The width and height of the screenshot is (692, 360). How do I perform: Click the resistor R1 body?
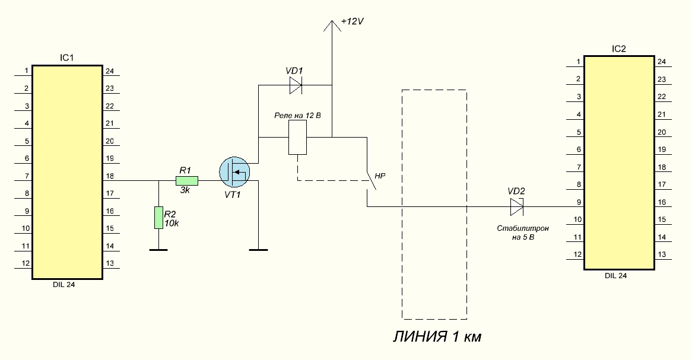coord(187,180)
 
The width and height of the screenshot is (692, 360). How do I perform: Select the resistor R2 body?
coord(158,218)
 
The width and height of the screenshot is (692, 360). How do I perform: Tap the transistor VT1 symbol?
coord(234,171)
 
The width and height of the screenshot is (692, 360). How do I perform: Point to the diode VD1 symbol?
coord(296,85)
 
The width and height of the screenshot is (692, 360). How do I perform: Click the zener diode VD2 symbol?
coord(517,206)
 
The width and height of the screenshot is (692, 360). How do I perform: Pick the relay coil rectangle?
coord(297,137)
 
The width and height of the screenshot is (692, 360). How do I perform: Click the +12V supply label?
coord(352,21)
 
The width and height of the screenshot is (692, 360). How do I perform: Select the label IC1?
coord(66,58)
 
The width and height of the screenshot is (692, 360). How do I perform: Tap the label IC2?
coord(619,49)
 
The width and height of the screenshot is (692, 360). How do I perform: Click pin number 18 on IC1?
coord(109,176)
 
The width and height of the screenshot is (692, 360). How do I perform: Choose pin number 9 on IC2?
coord(579,202)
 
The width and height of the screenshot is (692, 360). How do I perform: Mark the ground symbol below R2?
coord(158,250)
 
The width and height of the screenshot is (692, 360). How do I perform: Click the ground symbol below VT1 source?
coord(259,250)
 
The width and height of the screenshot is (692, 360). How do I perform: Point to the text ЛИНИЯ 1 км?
coord(437,337)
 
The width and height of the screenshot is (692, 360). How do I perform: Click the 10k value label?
coord(172,224)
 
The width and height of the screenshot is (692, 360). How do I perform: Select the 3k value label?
coord(185,190)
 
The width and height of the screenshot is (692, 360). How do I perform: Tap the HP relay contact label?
coord(380,176)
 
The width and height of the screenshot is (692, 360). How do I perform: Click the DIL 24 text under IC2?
coord(615,276)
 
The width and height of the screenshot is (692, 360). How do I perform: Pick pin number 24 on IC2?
coord(662,62)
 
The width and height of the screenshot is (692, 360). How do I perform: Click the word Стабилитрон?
coord(523,228)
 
